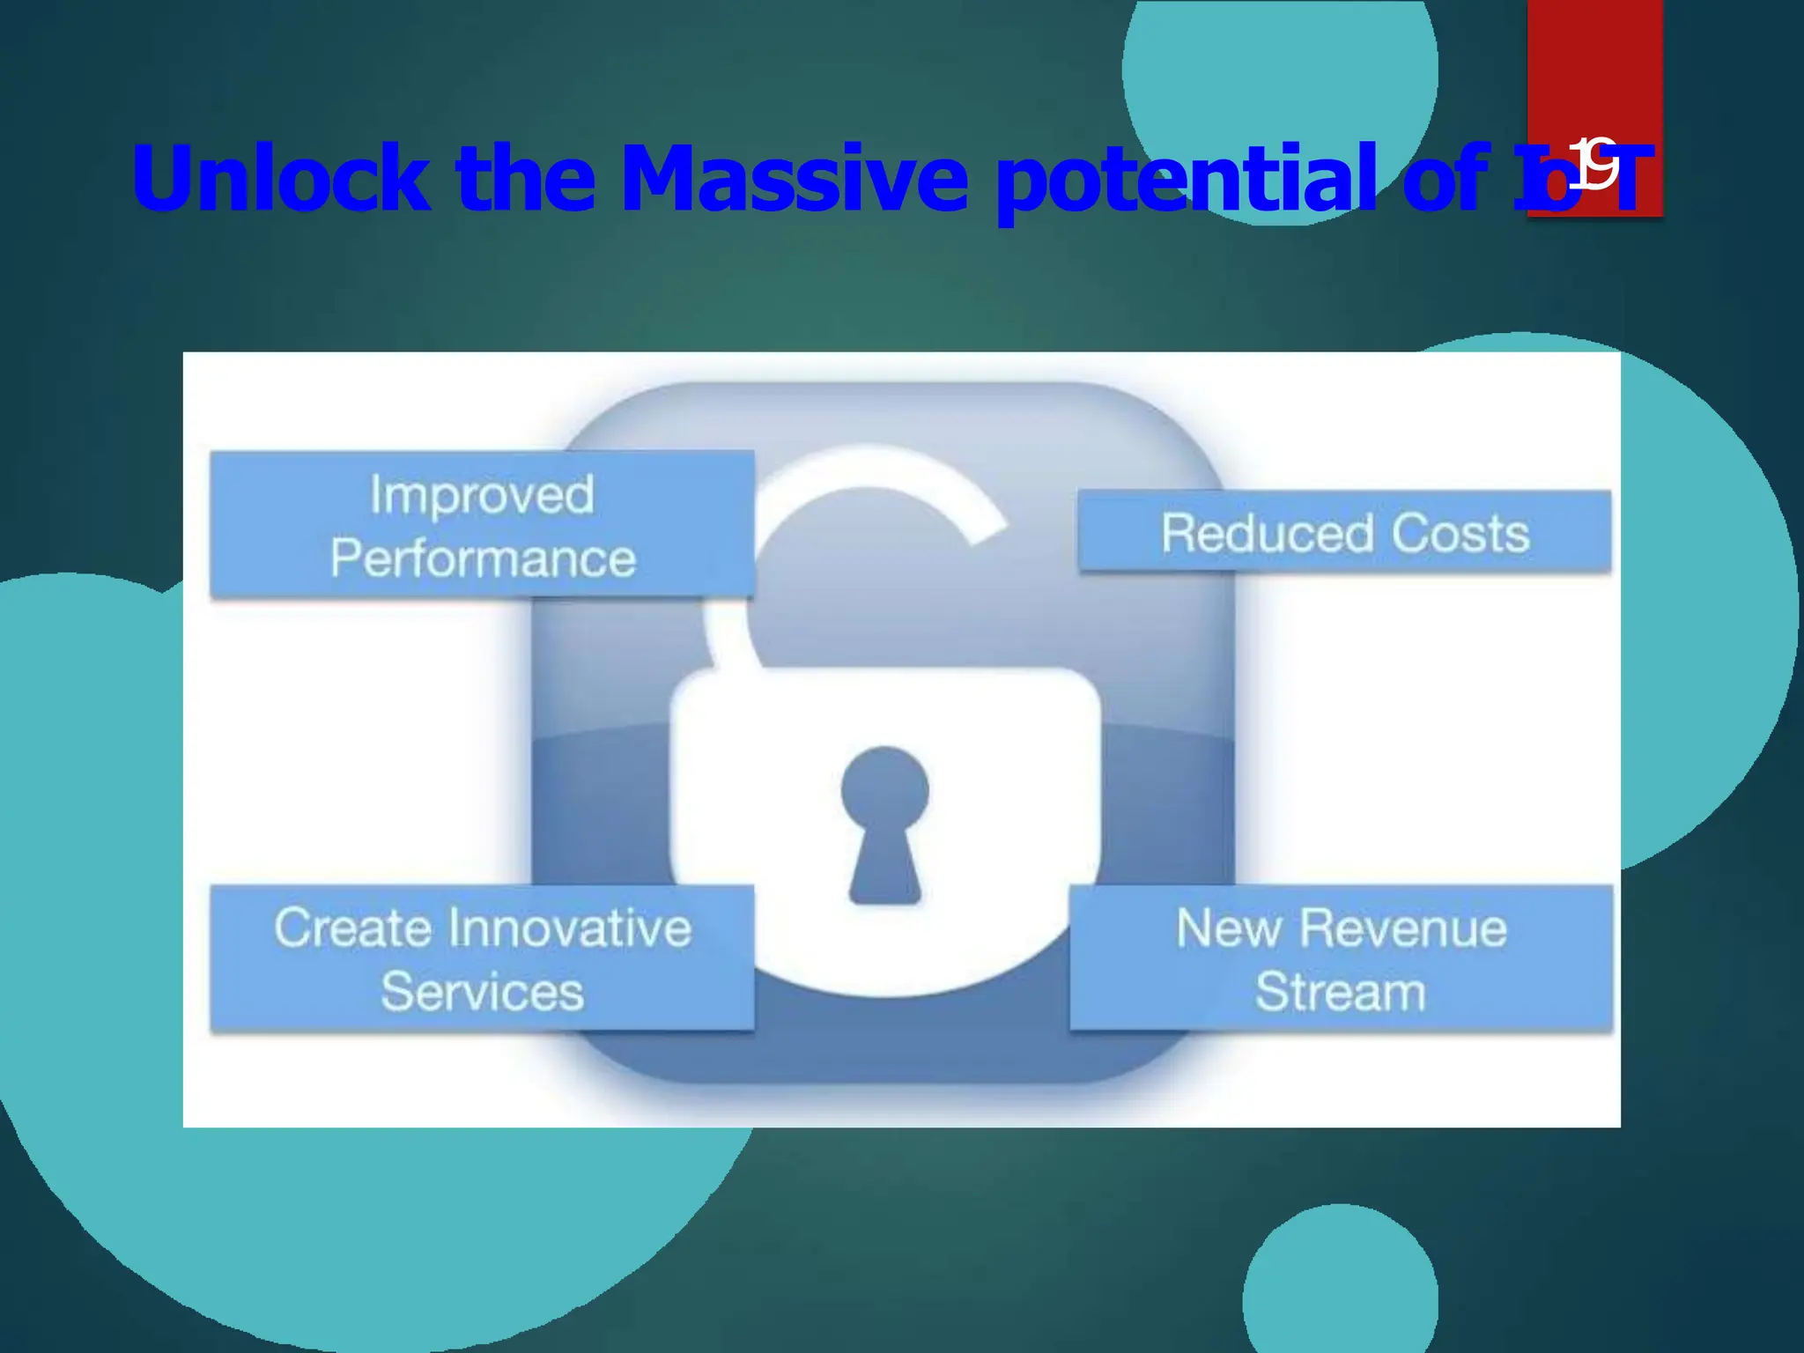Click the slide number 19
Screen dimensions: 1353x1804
1595,165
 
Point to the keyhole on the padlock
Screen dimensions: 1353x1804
884,824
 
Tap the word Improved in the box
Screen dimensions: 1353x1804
482,494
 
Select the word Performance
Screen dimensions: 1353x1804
483,558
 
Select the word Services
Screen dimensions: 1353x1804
482,992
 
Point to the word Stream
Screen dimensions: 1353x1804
1340,992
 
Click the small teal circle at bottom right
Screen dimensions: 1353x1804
1340,1295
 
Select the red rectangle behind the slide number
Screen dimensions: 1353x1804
1594,70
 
